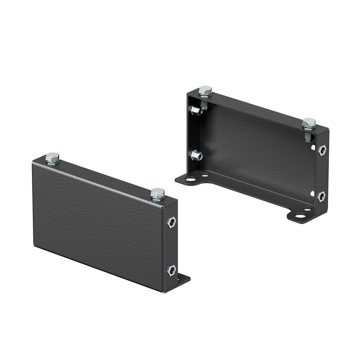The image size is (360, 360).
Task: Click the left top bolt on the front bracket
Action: tap(52, 158)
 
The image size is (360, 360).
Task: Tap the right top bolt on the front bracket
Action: tap(157, 193)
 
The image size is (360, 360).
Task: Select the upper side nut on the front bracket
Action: tap(171, 222)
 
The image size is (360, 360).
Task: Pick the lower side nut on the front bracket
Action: tap(171, 270)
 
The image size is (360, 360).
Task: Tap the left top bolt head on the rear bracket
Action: tap(205, 90)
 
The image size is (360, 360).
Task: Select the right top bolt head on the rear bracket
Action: tap(309, 122)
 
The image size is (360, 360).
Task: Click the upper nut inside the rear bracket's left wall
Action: tap(195, 110)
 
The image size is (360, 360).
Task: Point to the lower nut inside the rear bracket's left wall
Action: tap(196, 156)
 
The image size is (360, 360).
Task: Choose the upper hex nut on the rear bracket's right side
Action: tap(322, 150)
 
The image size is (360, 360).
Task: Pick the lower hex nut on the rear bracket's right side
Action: tap(321, 196)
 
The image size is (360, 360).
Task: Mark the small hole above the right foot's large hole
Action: tap(307, 209)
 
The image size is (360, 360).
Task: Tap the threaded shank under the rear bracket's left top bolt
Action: tap(205, 103)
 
